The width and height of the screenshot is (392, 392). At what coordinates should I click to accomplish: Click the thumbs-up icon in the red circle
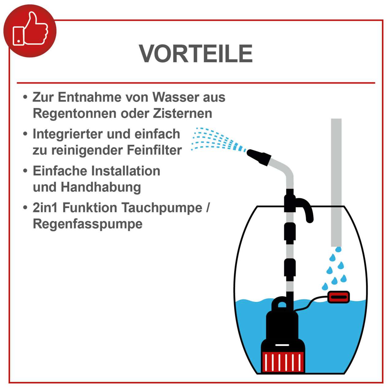pyautogui.click(x=30, y=31)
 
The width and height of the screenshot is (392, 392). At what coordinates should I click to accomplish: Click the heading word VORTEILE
pyautogui.click(x=196, y=54)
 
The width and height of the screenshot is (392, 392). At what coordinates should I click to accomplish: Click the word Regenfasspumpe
pyautogui.click(x=88, y=224)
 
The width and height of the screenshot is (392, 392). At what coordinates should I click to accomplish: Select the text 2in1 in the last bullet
pyautogui.click(x=46, y=208)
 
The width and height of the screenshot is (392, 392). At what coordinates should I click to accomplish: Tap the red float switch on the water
pyautogui.click(x=338, y=297)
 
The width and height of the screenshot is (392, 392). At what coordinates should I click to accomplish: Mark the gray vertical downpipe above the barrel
pyautogui.click(x=336, y=181)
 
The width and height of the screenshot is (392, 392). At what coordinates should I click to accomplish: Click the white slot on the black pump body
pyautogui.click(x=282, y=345)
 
